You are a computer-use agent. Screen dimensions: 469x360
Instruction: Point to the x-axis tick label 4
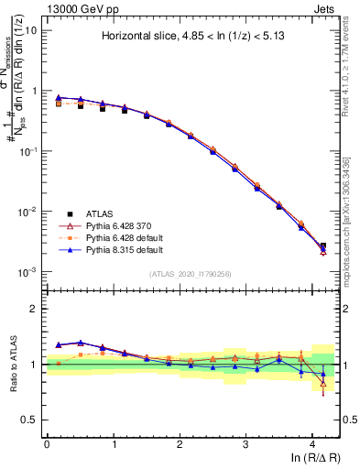click(x=312, y=444)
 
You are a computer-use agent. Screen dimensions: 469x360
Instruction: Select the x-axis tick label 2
click(x=180, y=444)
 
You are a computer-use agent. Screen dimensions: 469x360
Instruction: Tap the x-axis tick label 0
click(x=47, y=444)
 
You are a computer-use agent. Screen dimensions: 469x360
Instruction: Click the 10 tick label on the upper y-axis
click(x=30, y=31)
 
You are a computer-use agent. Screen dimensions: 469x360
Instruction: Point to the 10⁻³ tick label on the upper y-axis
click(x=27, y=272)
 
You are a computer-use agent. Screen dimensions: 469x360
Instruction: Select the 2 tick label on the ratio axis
click(x=34, y=309)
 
